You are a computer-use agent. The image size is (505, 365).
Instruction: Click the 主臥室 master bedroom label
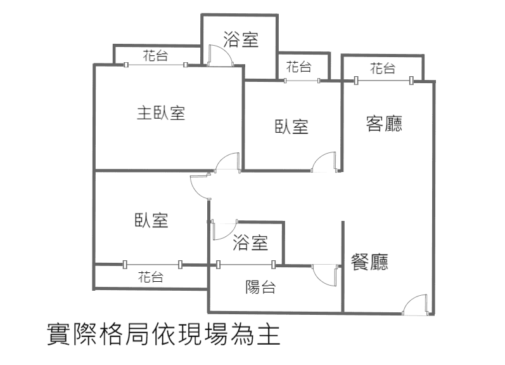pos(161,114)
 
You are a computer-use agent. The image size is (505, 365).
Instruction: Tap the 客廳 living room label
pos(385,124)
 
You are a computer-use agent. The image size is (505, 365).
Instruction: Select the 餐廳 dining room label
pos(370,262)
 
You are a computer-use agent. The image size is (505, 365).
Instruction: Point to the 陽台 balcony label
pos(260,287)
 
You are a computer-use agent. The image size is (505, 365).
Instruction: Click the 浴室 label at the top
pos(241,40)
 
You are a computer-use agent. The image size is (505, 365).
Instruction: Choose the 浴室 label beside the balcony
pos(250,242)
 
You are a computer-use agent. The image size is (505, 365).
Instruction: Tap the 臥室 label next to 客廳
pos(291,126)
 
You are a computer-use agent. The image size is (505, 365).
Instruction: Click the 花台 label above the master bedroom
pos(155,56)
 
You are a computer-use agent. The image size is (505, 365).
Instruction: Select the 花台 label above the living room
pos(383,68)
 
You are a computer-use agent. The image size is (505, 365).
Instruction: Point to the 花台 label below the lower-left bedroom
pos(151,277)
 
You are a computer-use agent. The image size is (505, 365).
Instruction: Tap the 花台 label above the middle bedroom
pos(298,66)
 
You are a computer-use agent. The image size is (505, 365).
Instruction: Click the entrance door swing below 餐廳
pos(417,305)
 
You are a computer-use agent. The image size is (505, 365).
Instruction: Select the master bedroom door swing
pos(227,163)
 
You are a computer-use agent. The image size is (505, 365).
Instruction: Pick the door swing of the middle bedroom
pos(324,162)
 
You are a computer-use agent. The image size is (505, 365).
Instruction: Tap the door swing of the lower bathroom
pos(224,230)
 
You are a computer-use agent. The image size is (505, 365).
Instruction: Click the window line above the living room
pos(383,81)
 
